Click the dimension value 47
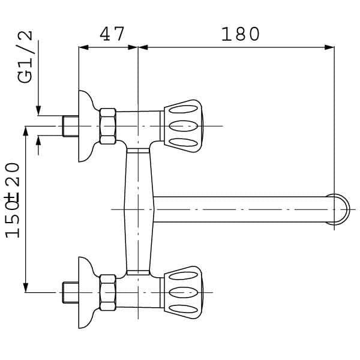coord(112,34)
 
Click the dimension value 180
coord(241,34)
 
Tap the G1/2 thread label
coord(25,57)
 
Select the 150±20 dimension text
coord(13,200)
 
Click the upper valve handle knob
coord(183,126)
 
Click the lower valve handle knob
coord(183,293)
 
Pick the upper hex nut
coord(108,126)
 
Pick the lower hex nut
coord(108,293)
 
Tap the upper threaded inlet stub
coord(71,126)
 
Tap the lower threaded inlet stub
coord(71,293)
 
